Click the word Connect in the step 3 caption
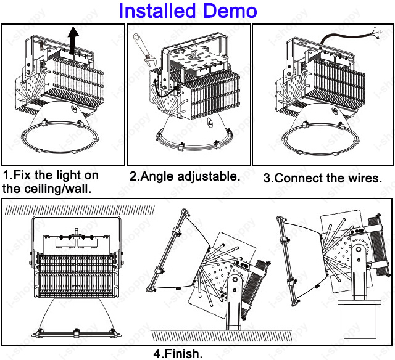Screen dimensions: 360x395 (x=299, y=178)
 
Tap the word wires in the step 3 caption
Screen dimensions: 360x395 (x=362, y=178)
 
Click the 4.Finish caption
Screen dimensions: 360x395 (x=178, y=354)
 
